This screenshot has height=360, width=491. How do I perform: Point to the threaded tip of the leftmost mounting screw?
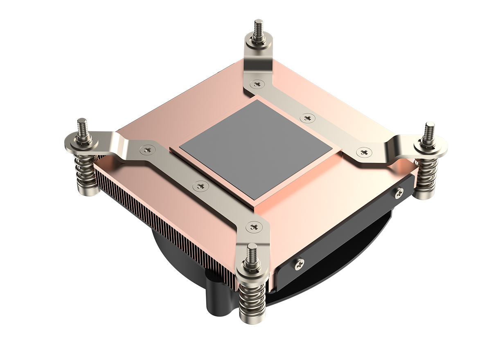(81, 126)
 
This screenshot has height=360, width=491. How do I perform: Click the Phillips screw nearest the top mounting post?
(257, 85)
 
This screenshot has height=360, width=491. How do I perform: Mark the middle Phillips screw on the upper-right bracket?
(307, 118)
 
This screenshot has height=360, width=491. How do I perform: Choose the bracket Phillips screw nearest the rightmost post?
(363, 152)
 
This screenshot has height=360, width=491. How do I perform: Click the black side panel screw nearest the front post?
(300, 264)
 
